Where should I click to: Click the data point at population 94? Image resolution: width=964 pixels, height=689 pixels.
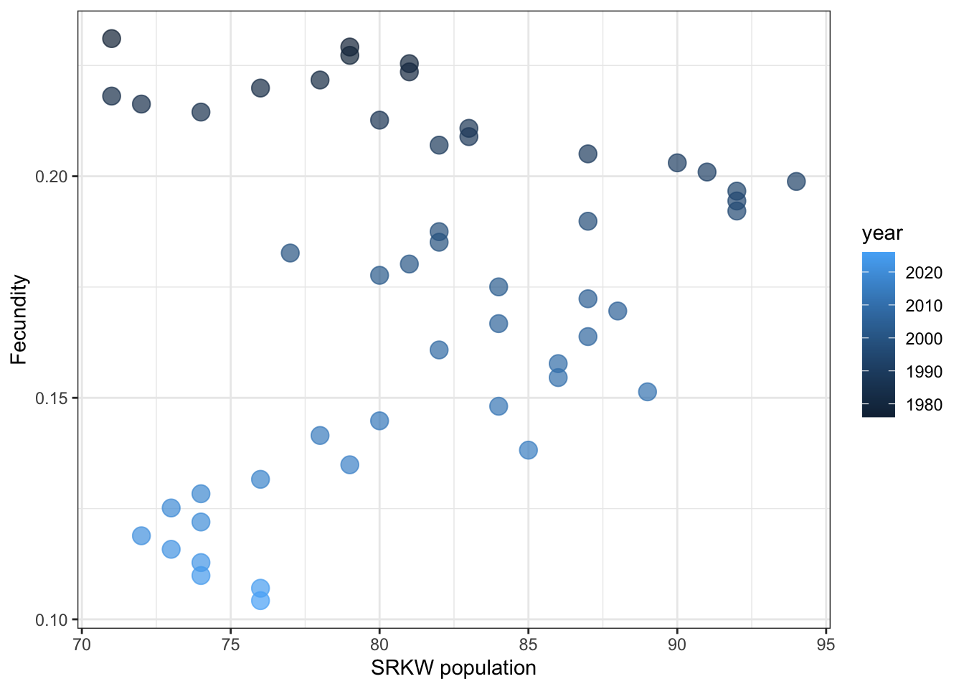796,181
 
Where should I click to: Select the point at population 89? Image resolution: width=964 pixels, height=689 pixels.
647,391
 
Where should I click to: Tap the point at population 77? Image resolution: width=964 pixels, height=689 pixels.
290,253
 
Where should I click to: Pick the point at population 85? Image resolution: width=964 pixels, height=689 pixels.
528,450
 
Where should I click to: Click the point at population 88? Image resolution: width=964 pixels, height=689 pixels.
618,311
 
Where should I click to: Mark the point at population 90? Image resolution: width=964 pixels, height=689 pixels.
677,163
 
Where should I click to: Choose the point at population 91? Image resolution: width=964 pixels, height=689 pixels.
707,172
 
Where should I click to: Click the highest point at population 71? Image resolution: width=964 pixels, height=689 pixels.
111,39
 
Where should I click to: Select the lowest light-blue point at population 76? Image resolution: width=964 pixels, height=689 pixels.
260,600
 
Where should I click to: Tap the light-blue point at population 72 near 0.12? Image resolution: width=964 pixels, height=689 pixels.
141,535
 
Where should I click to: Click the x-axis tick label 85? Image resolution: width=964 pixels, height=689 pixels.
528,645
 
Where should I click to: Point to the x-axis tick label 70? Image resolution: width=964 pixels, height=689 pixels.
82,645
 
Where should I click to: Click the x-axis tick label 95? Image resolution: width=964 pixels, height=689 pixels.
826,645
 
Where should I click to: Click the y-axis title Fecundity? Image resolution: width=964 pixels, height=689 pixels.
19,319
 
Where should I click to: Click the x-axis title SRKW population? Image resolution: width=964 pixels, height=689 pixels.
453,668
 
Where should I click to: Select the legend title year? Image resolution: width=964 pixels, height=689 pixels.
882,233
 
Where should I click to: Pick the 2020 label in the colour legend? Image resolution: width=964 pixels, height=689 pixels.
924,273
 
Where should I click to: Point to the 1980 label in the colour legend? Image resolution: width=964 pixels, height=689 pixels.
924,405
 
